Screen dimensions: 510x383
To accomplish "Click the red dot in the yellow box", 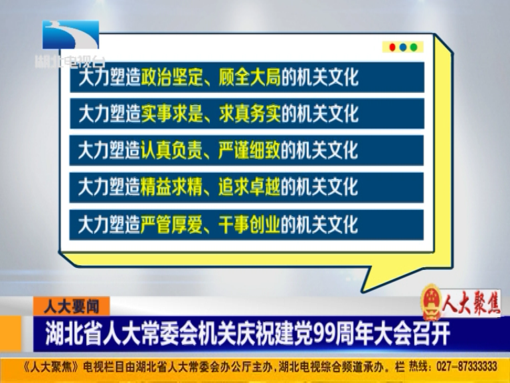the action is (x=392, y=48).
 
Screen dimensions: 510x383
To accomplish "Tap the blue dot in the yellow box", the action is (x=403, y=48).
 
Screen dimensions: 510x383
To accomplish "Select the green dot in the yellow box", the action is (x=414, y=48).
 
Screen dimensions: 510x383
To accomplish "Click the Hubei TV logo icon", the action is (x=70, y=35).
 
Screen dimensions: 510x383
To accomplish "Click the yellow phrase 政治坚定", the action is (x=171, y=77).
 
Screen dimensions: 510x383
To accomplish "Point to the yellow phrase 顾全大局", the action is (x=250, y=77).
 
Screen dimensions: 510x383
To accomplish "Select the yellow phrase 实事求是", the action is (x=171, y=114).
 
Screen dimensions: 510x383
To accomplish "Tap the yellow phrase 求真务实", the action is (x=250, y=114).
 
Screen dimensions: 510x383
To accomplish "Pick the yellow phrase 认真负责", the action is (x=171, y=150).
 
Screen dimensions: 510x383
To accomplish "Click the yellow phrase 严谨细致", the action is (x=250, y=150).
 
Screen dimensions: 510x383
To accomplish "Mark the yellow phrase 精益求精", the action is (x=171, y=187).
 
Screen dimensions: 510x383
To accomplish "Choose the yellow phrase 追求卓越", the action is (x=250, y=187).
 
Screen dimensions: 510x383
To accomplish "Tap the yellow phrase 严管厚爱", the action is (x=171, y=224).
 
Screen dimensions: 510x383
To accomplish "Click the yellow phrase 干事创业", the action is (x=250, y=224).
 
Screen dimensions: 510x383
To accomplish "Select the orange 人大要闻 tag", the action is (x=71, y=307).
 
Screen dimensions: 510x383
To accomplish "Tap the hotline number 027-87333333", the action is (x=467, y=366).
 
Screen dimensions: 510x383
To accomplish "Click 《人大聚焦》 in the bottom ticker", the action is (x=51, y=366).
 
